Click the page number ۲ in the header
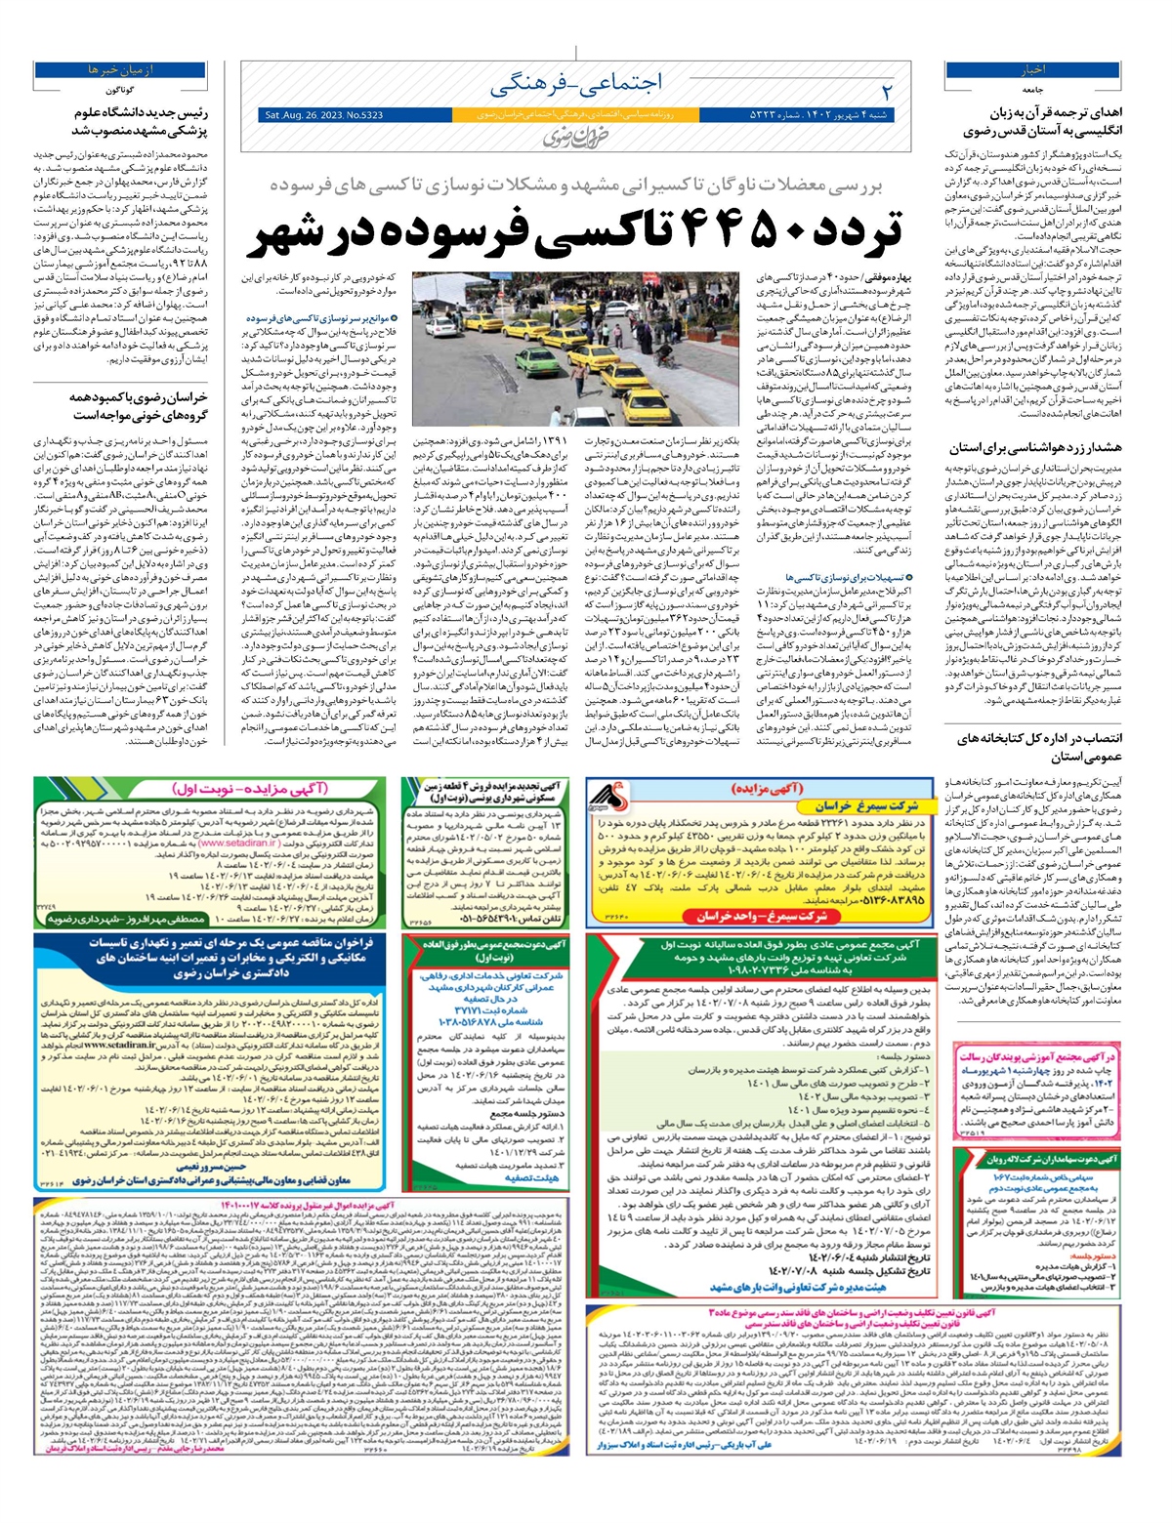(x=887, y=91)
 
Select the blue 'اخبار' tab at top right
(x=1033, y=70)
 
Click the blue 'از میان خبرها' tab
(x=121, y=70)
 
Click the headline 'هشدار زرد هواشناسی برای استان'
(x=1036, y=448)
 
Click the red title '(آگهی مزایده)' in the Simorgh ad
(x=781, y=788)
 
